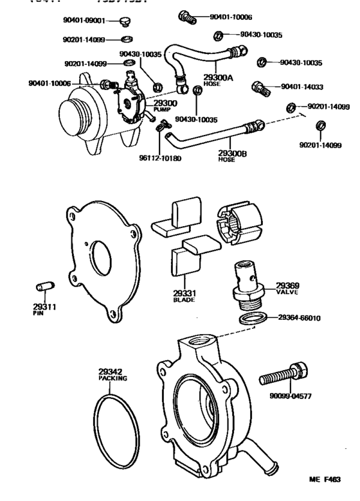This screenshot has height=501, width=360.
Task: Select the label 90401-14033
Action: (302, 85)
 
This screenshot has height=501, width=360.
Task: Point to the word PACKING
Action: (113, 379)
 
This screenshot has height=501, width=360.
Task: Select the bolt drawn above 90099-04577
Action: (283, 374)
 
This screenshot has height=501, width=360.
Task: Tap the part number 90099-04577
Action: (289, 396)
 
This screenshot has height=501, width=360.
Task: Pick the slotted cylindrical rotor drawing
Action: (239, 223)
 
